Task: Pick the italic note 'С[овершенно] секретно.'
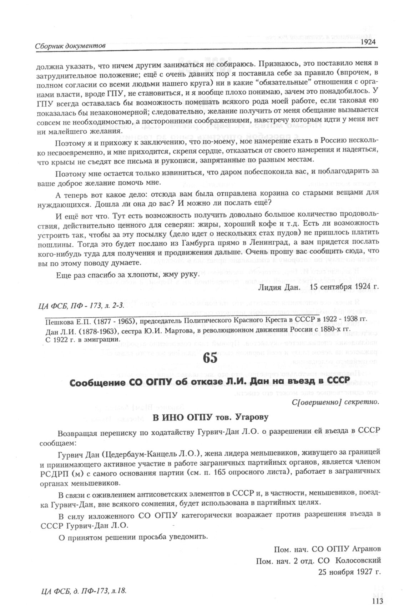[x=335, y=402]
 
